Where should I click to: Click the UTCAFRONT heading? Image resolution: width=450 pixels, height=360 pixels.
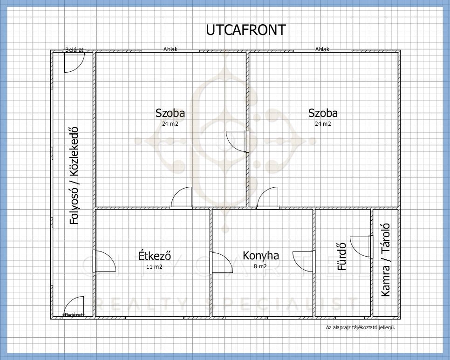(246, 30)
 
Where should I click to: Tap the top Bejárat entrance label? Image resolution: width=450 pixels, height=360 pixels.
(75, 50)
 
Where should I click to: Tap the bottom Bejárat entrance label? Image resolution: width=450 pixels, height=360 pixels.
(74, 315)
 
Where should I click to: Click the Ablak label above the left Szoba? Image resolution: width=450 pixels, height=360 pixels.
(170, 49)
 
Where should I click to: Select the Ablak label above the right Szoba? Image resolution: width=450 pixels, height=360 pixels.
(322, 49)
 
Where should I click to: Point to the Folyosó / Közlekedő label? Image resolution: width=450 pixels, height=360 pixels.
(74, 175)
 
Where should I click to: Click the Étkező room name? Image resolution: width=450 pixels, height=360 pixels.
(155, 255)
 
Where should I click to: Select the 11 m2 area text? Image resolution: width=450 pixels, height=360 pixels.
(154, 266)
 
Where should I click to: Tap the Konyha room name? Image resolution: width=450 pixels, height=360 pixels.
(260, 255)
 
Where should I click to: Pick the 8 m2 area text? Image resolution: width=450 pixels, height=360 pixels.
(260, 266)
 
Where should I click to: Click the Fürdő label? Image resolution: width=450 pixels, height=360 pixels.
(341, 257)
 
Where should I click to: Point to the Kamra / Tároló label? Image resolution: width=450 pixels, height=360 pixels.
(385, 260)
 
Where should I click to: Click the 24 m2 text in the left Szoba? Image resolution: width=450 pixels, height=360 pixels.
(170, 124)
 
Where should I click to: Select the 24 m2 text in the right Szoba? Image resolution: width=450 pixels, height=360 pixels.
(323, 124)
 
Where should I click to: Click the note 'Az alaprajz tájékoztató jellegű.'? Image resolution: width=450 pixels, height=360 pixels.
(361, 327)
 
